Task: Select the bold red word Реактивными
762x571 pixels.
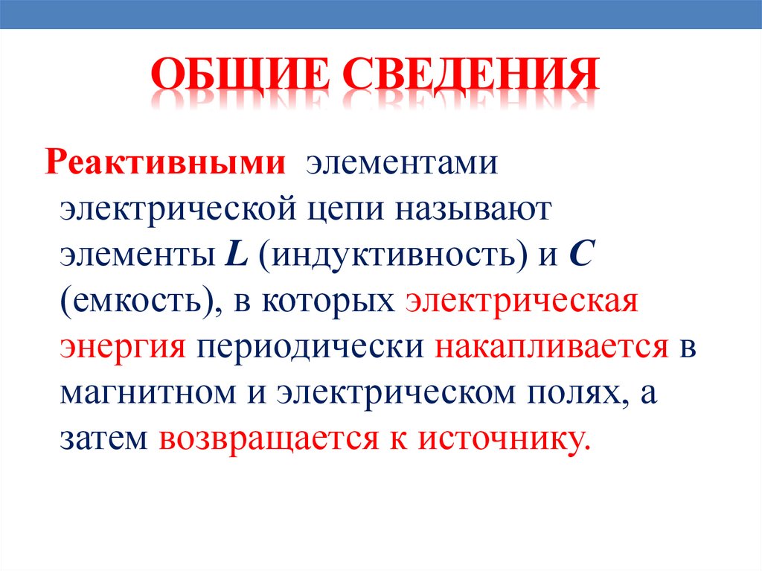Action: click(x=166, y=162)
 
